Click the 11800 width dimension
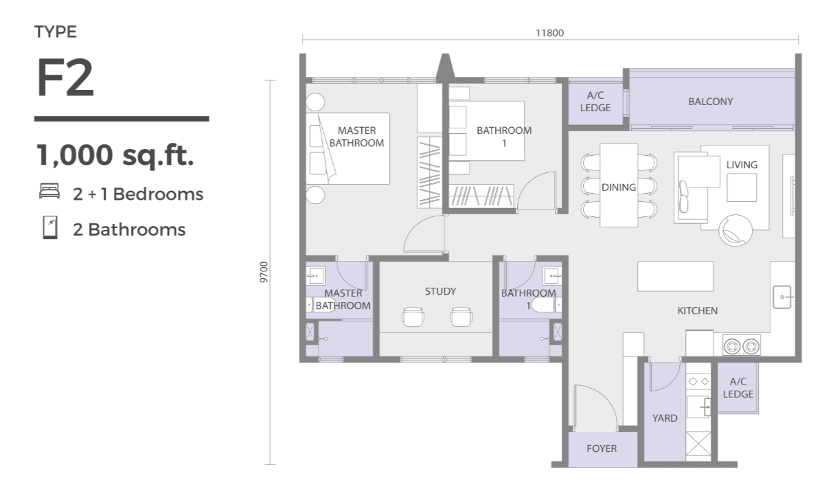pos(549,33)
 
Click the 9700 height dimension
pos(264,272)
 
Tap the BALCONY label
pos(710,102)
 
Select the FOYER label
pos(602,448)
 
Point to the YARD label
pos(665,418)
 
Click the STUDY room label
pos(440,291)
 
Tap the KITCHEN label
pos(698,311)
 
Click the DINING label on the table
pos(619,187)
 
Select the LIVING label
pos(742,165)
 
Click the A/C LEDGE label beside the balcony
pos(595,102)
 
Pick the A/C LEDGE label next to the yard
pos(738,388)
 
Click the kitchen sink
pos(782,297)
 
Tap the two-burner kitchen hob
pos(741,345)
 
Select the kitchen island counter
pos(675,276)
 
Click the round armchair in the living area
pos(735,230)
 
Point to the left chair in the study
pos(413,317)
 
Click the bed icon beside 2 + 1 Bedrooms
pos(49,192)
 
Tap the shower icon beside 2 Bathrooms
pos(50,228)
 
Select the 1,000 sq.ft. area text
pos(115,155)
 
